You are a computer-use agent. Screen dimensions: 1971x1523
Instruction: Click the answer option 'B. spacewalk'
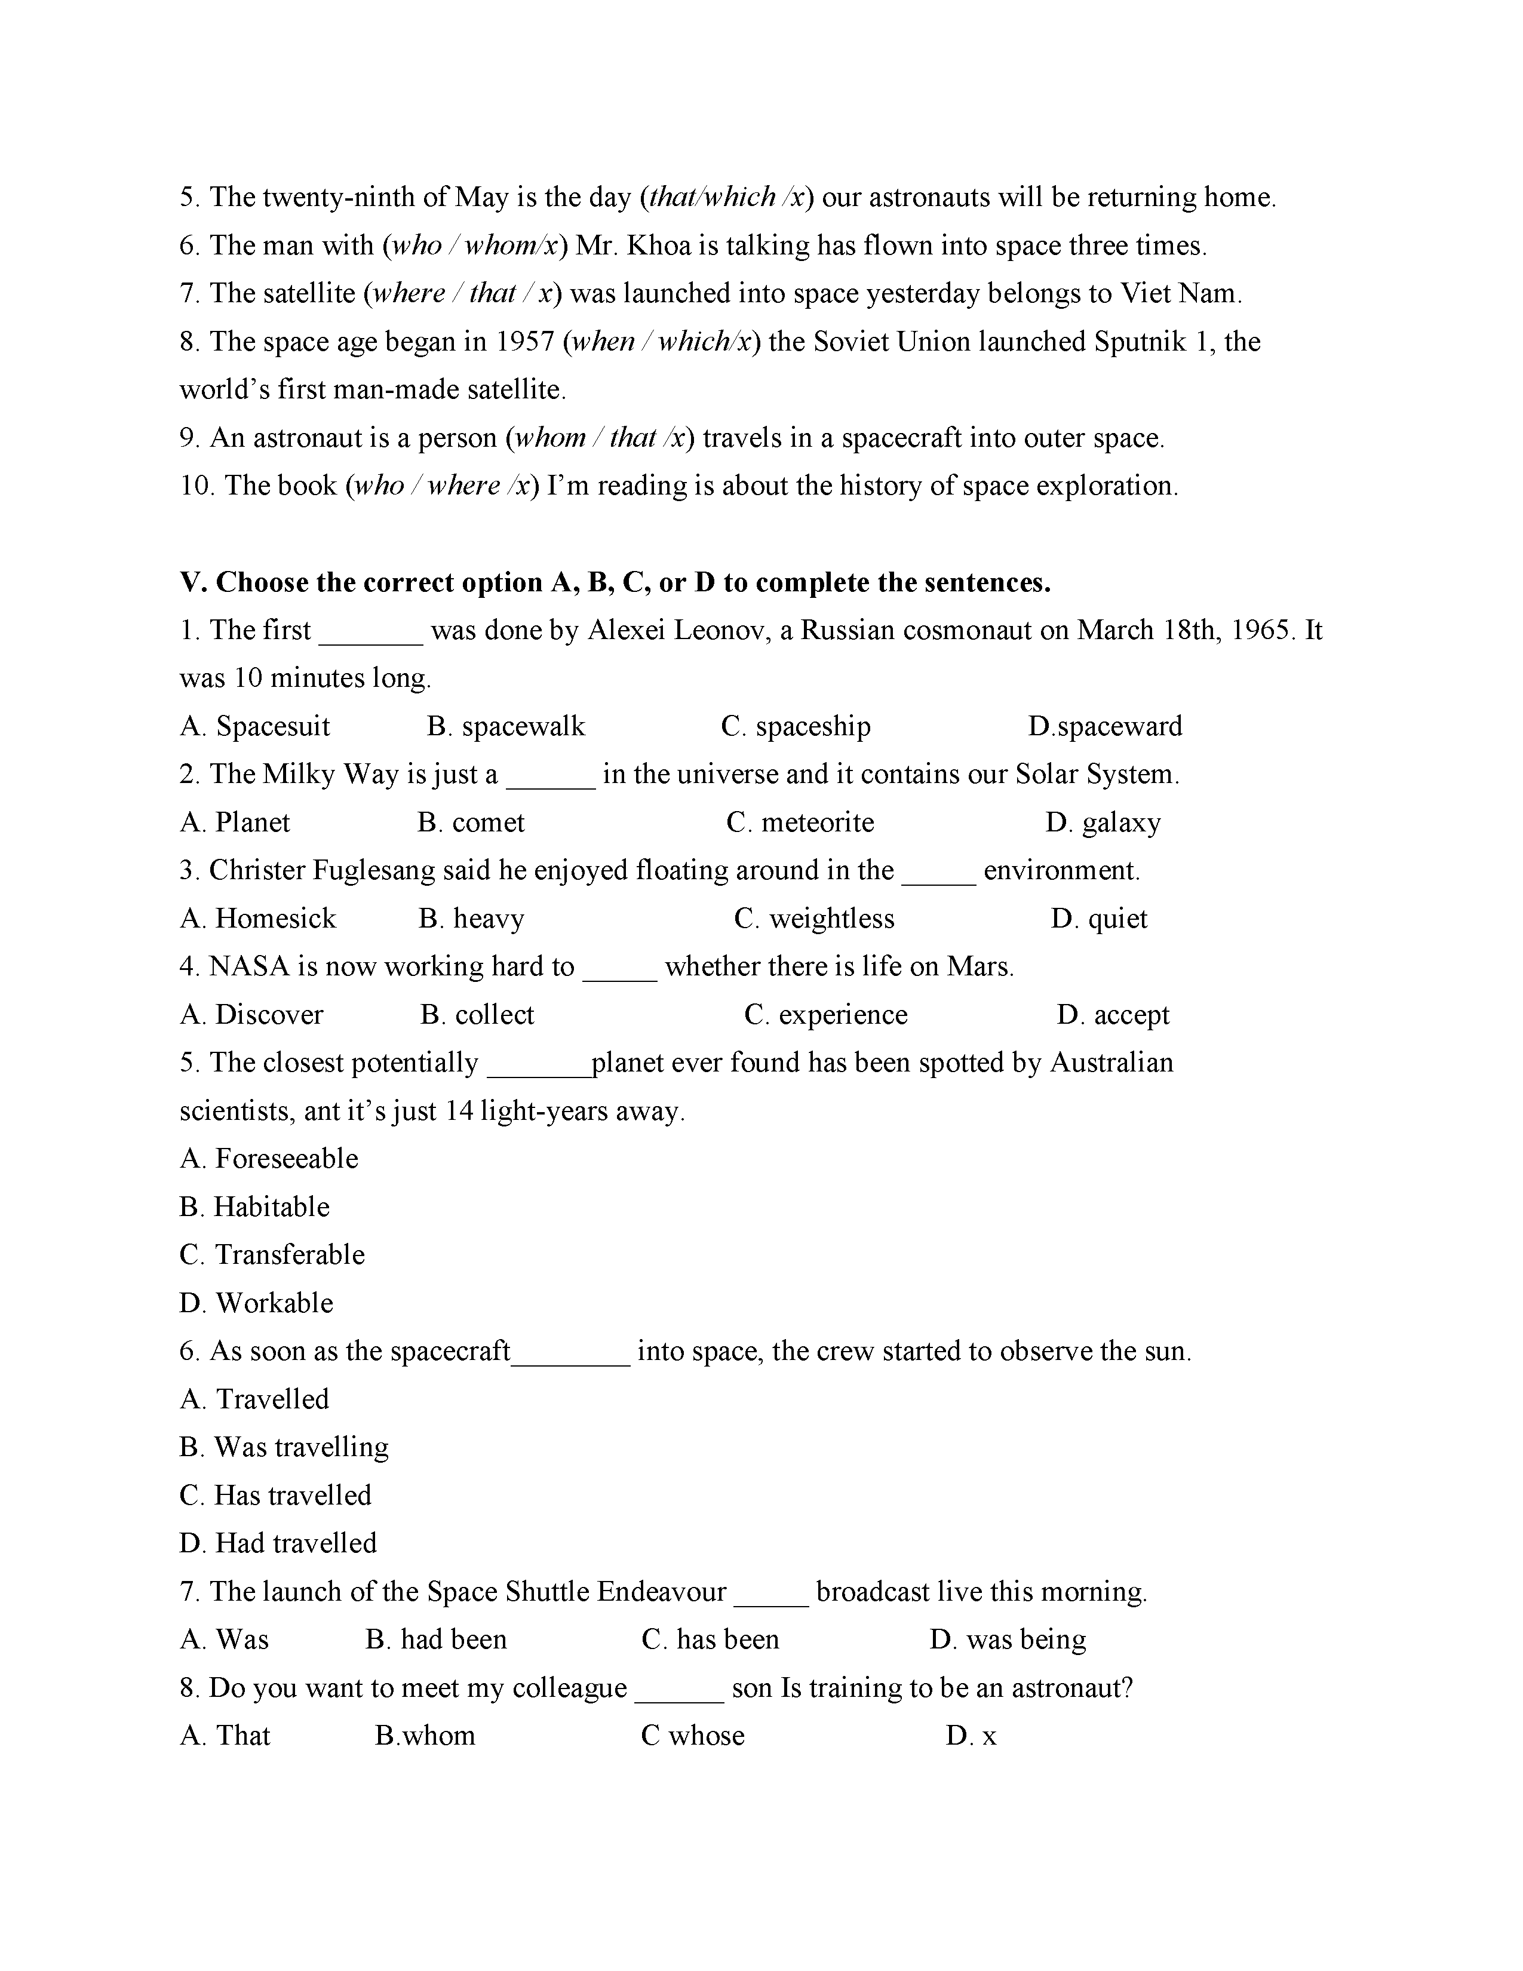[505, 726]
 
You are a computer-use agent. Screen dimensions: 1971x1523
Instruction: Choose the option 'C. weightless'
[814, 919]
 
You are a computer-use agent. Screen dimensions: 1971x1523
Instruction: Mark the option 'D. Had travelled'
[278, 1543]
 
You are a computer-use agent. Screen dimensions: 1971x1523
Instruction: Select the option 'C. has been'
[710, 1640]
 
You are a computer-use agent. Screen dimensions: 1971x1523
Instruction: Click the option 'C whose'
[692, 1736]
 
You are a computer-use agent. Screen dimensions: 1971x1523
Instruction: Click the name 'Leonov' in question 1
[722, 630]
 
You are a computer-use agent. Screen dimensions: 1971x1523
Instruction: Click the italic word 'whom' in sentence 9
[548, 438]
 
